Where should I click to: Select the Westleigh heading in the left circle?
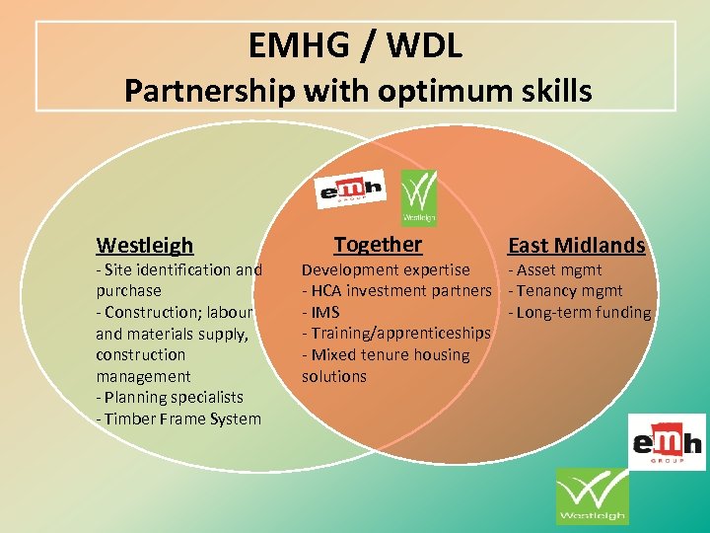(145, 245)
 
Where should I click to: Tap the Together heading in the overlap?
(378, 244)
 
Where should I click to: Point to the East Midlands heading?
(576, 246)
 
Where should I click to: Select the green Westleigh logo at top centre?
(418, 196)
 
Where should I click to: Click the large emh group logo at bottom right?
(667, 441)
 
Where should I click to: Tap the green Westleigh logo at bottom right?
(592, 495)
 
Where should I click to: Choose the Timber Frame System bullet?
(178, 419)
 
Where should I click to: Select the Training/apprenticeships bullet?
(396, 334)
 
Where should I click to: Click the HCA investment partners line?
(396, 290)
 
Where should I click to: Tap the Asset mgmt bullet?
(554, 269)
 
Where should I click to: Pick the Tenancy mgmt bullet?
(565, 290)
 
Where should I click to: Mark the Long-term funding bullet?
(579, 312)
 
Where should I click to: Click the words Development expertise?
(386, 269)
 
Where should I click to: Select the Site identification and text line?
(178, 269)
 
